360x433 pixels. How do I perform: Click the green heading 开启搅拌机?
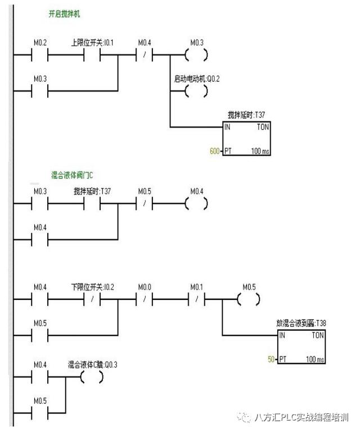pos(64,13)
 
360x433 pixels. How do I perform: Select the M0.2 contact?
pos(40,55)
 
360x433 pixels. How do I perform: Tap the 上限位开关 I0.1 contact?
pos(92,55)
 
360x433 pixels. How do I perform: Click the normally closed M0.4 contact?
pos(145,55)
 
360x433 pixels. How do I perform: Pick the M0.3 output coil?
pos(196,55)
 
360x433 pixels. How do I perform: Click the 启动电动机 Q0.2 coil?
pos(196,91)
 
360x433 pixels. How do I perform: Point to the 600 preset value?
pos(214,152)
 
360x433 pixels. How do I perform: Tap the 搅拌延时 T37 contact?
pos(92,204)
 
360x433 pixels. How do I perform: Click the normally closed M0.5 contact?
pos(145,204)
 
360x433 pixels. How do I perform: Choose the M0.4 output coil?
pos(196,204)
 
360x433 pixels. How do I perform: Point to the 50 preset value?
pos(271,358)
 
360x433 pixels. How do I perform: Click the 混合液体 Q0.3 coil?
pos(92,377)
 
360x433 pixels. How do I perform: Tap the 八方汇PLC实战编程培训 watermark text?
pos(301,417)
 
